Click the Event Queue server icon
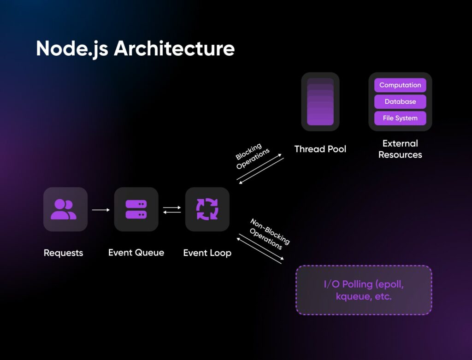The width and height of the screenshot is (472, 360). (136, 209)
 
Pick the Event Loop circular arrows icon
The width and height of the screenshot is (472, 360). (207, 209)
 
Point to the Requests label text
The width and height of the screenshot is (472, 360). (64, 253)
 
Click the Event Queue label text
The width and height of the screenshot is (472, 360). (136, 253)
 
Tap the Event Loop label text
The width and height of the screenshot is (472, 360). (207, 253)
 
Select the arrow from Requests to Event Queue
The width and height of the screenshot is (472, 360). (101, 210)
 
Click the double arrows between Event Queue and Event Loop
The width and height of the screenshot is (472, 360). (171, 210)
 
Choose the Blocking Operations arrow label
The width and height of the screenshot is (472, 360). (252, 156)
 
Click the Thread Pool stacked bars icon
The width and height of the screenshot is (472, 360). (320, 102)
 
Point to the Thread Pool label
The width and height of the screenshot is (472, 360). (320, 149)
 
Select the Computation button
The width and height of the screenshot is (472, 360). (400, 85)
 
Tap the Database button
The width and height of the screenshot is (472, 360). (400, 101)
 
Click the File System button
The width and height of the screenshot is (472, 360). (400, 118)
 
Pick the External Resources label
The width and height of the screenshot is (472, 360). (400, 149)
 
